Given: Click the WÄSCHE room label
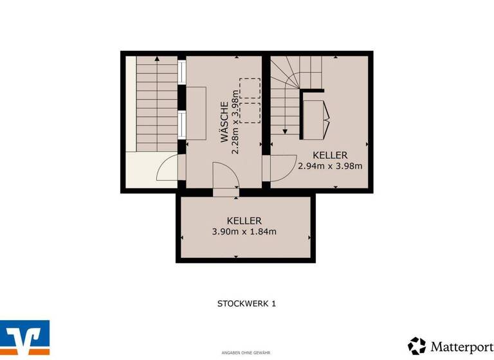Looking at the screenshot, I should point(223,122).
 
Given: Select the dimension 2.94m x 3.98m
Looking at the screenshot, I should point(330,165).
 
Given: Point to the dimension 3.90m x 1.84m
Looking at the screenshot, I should point(244,232).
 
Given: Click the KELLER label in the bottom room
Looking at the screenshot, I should point(244,221).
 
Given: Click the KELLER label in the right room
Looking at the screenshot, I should point(330,155).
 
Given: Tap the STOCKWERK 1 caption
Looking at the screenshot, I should point(246,303).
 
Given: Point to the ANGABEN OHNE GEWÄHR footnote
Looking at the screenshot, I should point(246,353).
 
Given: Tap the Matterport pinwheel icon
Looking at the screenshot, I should point(417,346).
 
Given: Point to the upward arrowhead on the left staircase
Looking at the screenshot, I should point(157,59).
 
